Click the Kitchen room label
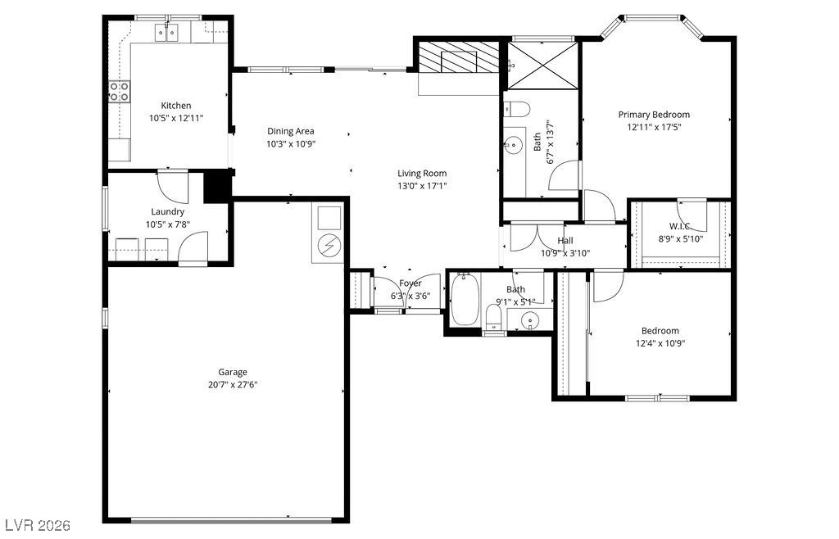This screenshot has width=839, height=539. [x=176, y=106]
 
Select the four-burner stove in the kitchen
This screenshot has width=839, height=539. [x=120, y=91]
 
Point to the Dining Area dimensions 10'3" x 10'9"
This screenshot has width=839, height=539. [x=291, y=143]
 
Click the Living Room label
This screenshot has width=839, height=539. [x=422, y=173]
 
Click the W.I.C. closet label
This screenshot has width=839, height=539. [x=679, y=226]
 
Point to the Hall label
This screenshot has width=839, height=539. [x=565, y=241]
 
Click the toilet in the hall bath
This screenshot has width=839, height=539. [x=494, y=316]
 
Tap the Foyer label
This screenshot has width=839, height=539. [x=410, y=283]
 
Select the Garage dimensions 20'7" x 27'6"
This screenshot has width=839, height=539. [x=233, y=384]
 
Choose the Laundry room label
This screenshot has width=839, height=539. [x=167, y=212]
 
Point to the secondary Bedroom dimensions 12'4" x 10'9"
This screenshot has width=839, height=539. [x=660, y=343]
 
